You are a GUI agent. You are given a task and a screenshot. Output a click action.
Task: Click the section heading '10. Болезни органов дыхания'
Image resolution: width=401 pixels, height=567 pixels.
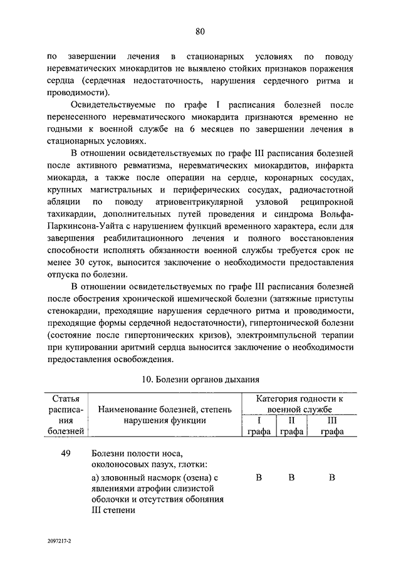tap(200, 379)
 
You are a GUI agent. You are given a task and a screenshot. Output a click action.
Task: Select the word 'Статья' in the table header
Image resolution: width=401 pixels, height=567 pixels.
tap(66, 398)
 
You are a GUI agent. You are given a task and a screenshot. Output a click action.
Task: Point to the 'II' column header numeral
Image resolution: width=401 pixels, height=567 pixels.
tap(291, 420)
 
